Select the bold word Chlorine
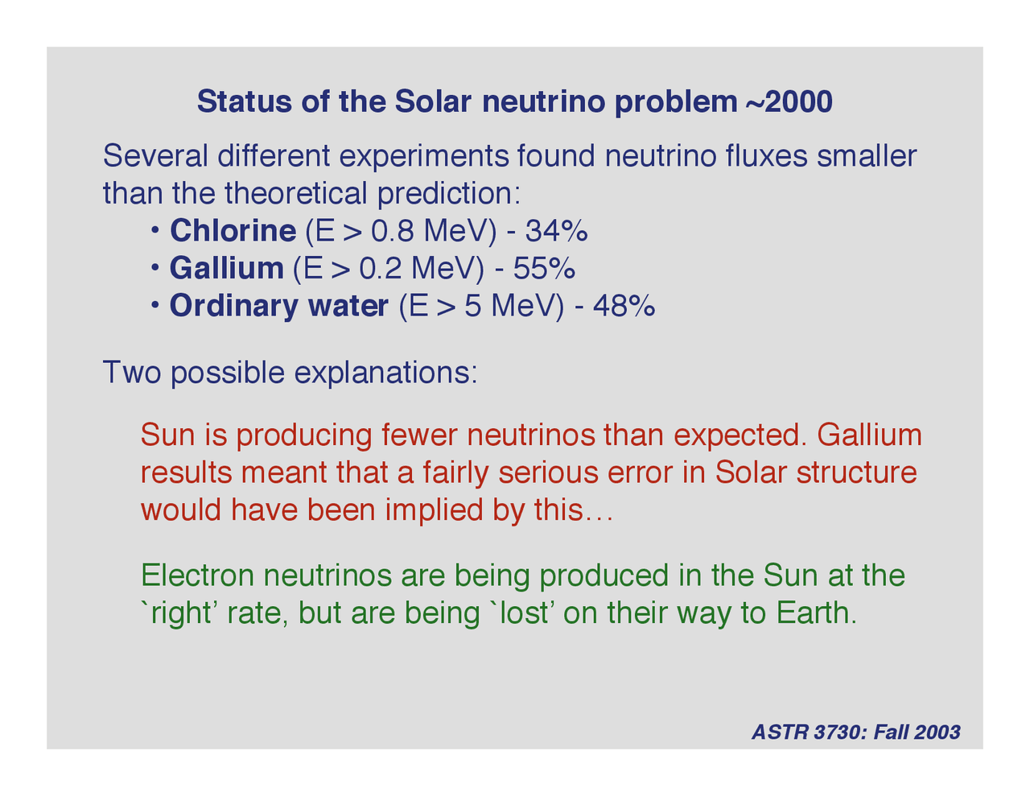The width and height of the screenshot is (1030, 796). pyautogui.click(x=233, y=231)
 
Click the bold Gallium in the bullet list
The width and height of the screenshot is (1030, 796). pyautogui.click(x=226, y=268)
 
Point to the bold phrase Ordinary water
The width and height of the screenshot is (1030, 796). pyautogui.click(x=278, y=307)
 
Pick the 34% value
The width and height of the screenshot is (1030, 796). pyautogui.click(x=556, y=231)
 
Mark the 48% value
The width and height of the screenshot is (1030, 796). pyautogui.click(x=624, y=307)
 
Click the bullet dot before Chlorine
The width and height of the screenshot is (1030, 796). pyautogui.click(x=154, y=231)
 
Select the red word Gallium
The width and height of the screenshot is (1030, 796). pyautogui.click(x=869, y=435)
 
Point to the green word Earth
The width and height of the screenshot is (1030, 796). pyautogui.click(x=813, y=613)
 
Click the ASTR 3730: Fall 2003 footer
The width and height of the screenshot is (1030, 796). pyautogui.click(x=855, y=732)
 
